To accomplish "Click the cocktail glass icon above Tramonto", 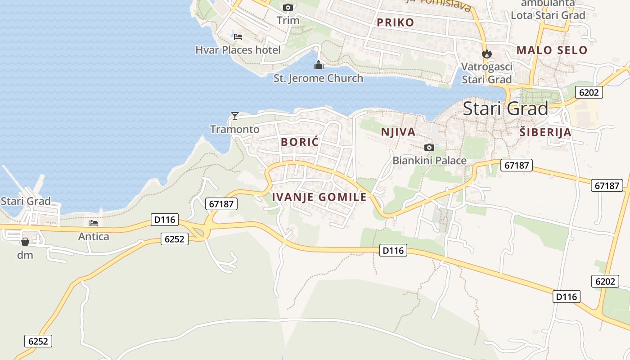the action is point(234,116).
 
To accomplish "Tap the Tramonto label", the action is point(235,130).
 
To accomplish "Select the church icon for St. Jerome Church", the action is point(319,65).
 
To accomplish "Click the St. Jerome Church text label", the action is point(318,78).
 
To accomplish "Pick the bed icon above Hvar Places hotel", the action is point(238,36).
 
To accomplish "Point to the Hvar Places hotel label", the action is point(238,50).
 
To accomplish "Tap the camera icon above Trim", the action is point(288,7).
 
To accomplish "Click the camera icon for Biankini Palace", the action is point(429,147).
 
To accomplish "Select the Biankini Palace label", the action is point(429,161).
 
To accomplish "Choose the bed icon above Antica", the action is point(94,223).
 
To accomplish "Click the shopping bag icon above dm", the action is point(25,242).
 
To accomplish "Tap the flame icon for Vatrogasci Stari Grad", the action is point(486,54).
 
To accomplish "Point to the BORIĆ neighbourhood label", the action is point(300,142).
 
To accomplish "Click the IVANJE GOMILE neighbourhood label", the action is point(319,197).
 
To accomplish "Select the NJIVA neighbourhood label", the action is point(398,132).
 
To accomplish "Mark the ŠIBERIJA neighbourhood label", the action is point(545,132).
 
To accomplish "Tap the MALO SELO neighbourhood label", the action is point(552,50).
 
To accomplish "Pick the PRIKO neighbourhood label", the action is point(396,22).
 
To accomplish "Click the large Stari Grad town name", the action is point(505,108).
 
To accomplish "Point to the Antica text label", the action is point(94,236).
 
